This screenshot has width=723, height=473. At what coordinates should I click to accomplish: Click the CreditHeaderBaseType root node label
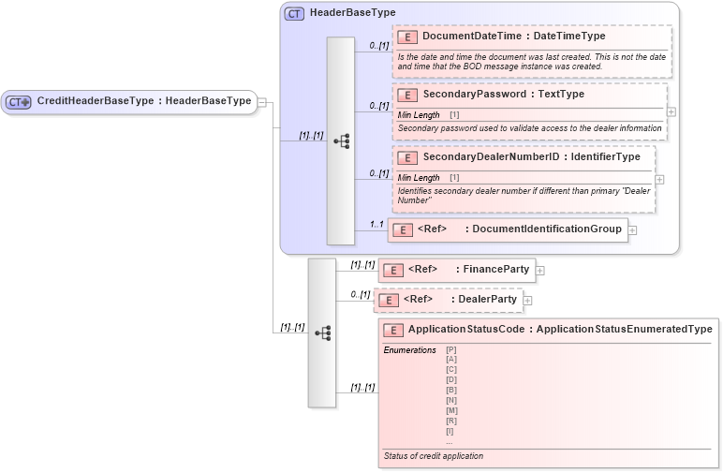[144, 101]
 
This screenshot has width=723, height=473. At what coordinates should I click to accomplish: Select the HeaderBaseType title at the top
[352, 13]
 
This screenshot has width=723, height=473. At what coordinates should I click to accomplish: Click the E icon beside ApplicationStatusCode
[392, 330]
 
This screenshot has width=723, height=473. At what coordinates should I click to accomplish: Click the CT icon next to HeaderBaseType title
[294, 13]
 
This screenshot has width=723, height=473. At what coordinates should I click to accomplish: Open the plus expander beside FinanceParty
[540, 271]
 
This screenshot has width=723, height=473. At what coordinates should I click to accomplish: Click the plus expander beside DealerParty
[527, 301]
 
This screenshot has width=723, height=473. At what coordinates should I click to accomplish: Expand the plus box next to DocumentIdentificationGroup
[632, 229]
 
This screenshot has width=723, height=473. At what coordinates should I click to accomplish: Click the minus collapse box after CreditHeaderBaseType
[262, 102]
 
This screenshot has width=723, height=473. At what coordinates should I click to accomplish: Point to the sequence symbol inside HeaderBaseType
[341, 140]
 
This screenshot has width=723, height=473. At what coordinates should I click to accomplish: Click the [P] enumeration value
[450, 350]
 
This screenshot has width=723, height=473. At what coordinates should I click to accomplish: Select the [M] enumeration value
[451, 411]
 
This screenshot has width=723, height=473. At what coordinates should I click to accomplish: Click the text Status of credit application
[434, 456]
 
